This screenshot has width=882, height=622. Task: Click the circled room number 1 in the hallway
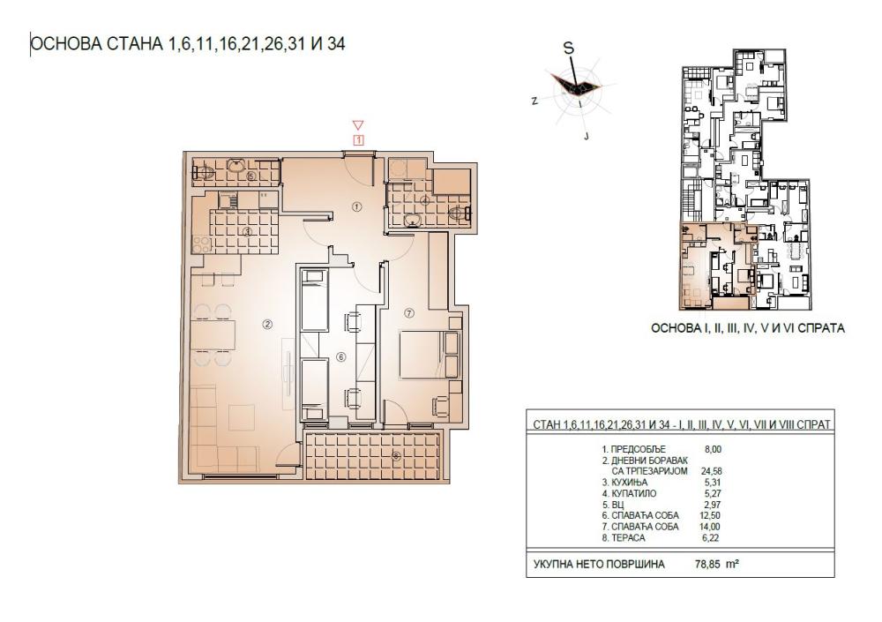357,206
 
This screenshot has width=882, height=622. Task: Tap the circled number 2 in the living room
267,324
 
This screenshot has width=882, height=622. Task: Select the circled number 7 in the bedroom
408,311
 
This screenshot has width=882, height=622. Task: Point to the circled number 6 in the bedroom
340,357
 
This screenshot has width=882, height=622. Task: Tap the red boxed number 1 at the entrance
358,139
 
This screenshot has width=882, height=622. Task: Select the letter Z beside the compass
534,101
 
